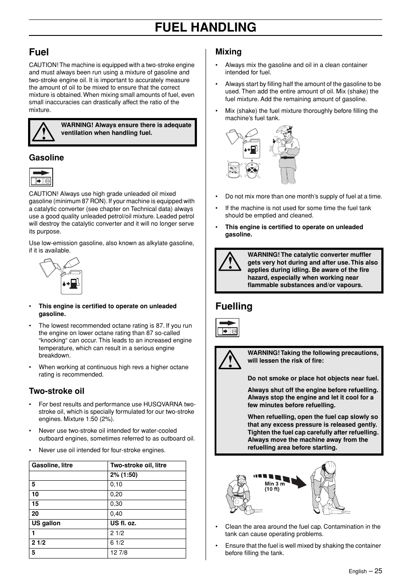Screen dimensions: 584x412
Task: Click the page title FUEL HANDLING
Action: click(206, 27)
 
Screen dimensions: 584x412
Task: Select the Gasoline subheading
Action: click(46, 158)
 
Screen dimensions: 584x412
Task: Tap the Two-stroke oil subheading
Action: click(57, 391)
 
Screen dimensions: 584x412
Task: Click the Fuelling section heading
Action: click(234, 306)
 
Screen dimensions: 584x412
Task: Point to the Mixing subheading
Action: click(228, 52)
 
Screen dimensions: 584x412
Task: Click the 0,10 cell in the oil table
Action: click(116, 485)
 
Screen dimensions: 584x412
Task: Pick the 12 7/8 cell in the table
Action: click(119, 552)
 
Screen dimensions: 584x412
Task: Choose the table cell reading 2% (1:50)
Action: click(124, 475)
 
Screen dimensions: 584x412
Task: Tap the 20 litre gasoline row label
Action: click(35, 514)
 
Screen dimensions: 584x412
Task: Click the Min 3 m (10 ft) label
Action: click(275, 487)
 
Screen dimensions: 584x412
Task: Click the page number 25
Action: click(378, 571)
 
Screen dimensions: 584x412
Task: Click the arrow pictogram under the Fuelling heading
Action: click(227, 327)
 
